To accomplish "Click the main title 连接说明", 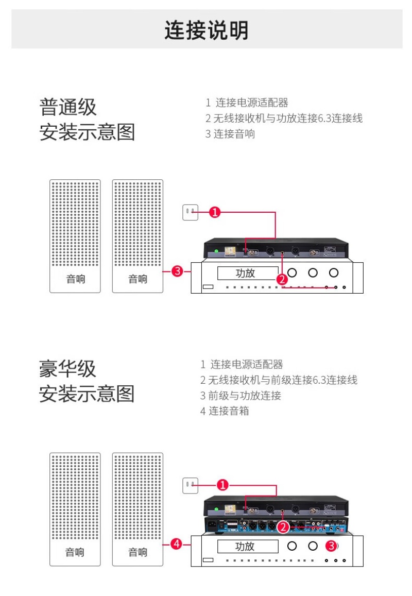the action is pyautogui.click(x=207, y=30).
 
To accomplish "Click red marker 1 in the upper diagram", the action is pyautogui.click(x=215, y=212).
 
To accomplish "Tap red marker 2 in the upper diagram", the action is pyautogui.click(x=282, y=280).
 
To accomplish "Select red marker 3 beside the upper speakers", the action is pyautogui.click(x=177, y=271).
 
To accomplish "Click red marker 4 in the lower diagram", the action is pyautogui.click(x=177, y=544).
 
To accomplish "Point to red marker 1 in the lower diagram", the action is pyautogui.click(x=222, y=485).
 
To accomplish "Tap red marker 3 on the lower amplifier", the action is pyautogui.click(x=332, y=546).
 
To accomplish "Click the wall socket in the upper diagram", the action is pyautogui.click(x=191, y=212).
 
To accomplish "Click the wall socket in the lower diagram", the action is pyautogui.click(x=191, y=485).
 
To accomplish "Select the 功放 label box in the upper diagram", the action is pyautogui.click(x=248, y=274).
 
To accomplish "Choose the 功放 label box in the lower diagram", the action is pyautogui.click(x=248, y=547).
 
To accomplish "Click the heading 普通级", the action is pyautogui.click(x=68, y=107).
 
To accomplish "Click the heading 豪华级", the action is pyautogui.click(x=67, y=369).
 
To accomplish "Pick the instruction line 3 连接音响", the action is pyautogui.click(x=230, y=134).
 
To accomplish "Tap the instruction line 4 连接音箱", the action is pyautogui.click(x=225, y=411).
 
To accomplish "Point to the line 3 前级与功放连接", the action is pyautogui.click(x=241, y=396).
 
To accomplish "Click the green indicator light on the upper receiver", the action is pyautogui.click(x=217, y=251).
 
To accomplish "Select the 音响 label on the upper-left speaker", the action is pyautogui.click(x=76, y=279).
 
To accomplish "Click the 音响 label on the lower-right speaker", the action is pyautogui.click(x=138, y=552).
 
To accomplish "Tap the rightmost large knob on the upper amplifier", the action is pyautogui.click(x=334, y=273).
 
